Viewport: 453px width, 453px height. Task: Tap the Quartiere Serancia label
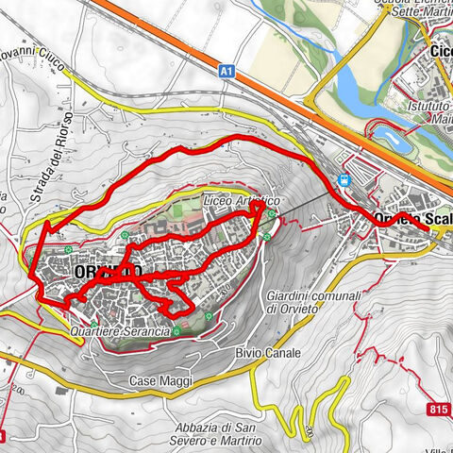119,332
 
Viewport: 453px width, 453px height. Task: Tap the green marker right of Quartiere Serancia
176,330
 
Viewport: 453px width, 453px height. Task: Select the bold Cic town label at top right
440,51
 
